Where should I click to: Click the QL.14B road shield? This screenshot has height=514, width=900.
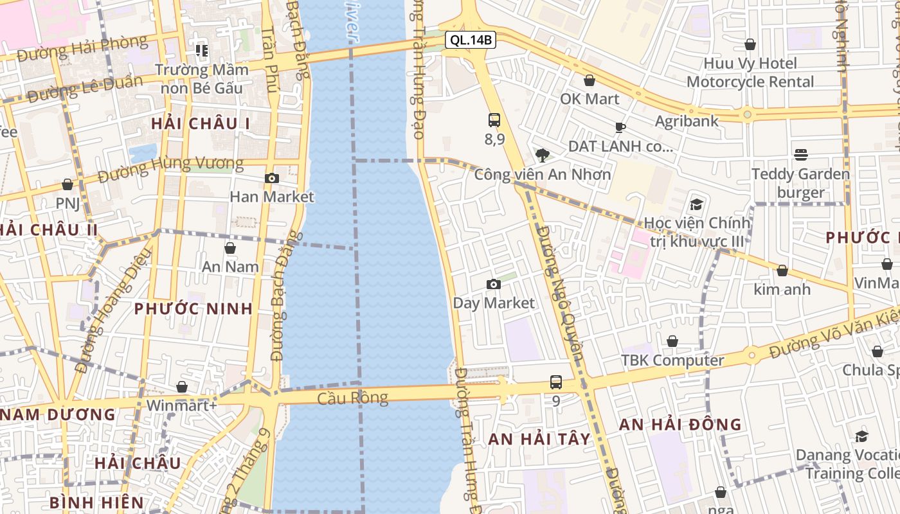471,40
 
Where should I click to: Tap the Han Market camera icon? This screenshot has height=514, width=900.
272,178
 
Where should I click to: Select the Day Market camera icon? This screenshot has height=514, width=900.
494,284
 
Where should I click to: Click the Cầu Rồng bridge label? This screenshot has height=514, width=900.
353,398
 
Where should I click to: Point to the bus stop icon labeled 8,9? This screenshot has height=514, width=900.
494,120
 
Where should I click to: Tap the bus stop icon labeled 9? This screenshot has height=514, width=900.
556,382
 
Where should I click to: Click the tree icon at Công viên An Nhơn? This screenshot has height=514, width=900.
543,155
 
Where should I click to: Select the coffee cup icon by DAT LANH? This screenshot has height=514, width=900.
620,127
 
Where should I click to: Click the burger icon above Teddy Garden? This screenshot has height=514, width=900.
800,154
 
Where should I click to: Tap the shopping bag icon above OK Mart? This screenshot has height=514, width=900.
589,80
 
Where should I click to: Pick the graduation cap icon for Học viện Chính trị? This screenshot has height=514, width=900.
696,204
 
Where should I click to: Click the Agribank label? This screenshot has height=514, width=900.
687,121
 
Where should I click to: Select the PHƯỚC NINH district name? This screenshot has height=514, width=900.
194,308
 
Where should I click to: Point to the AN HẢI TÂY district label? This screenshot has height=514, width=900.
539,439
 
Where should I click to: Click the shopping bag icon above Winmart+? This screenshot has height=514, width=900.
182,387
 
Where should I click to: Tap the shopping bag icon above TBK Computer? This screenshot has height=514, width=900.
672,341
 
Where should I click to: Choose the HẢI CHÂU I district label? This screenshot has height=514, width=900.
200,123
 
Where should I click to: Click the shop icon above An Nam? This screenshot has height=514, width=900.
230,248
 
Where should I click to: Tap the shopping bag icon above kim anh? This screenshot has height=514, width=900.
782,270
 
